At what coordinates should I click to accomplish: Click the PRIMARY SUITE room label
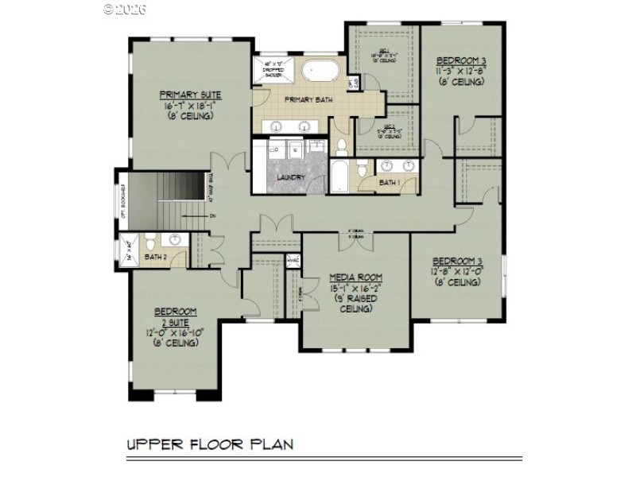coord(189,94)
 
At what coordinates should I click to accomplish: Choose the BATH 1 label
coord(390,183)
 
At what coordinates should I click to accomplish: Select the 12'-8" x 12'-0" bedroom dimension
coord(457,271)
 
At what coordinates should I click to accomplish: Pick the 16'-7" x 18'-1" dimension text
coord(189,105)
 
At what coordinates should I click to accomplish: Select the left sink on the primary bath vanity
coord(277,126)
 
